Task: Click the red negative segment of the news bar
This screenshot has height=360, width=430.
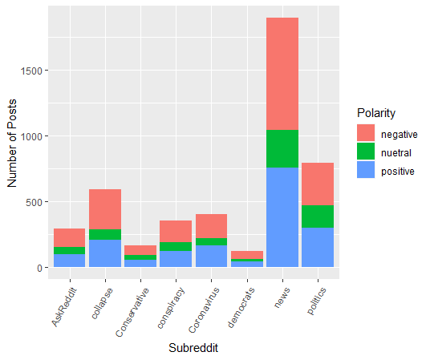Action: (x=282, y=74)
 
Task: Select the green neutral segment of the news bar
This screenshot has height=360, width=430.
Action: (x=282, y=148)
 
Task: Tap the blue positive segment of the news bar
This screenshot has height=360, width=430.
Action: (x=282, y=217)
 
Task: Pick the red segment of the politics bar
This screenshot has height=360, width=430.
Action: (x=318, y=184)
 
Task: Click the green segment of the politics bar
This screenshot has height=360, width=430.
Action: (x=318, y=216)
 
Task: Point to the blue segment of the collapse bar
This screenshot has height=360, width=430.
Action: (x=105, y=253)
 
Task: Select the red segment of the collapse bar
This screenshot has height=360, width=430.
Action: (x=105, y=209)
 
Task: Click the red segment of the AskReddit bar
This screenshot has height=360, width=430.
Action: (x=69, y=237)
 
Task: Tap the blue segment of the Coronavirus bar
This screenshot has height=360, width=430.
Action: (x=211, y=256)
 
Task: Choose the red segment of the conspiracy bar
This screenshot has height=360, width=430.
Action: (x=176, y=232)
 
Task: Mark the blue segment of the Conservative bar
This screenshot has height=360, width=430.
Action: (x=140, y=264)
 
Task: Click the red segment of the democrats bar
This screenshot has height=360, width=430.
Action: (x=247, y=255)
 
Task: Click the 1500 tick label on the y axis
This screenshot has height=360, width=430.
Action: (x=31, y=71)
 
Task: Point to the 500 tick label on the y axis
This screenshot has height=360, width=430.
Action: (x=34, y=202)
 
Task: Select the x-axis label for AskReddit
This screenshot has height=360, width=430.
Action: (x=64, y=307)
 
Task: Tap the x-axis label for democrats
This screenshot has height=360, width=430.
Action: (x=241, y=307)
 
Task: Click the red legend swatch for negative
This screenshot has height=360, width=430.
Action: (x=366, y=133)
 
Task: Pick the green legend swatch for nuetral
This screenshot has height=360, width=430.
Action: (x=366, y=151)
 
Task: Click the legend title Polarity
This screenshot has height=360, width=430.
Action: (x=376, y=113)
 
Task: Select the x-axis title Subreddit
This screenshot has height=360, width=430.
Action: (x=193, y=348)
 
